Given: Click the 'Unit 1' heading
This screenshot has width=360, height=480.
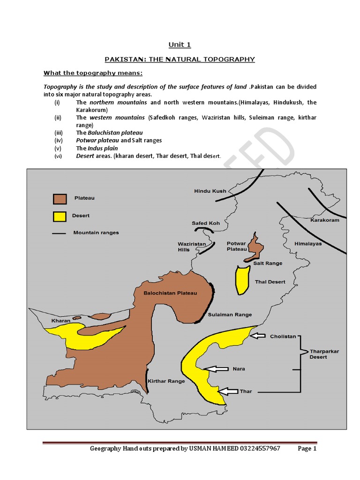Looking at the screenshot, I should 180,45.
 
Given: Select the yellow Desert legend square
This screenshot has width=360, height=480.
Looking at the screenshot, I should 60,216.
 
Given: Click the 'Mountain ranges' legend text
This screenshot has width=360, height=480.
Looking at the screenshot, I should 96,232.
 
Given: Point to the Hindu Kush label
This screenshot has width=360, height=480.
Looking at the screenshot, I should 210,191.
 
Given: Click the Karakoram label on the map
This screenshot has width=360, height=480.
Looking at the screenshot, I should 325,220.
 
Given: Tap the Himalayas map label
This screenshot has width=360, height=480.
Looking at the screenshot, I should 308,244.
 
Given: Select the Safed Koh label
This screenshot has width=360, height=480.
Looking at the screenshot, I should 205,223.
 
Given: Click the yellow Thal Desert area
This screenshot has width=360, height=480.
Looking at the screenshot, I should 243,280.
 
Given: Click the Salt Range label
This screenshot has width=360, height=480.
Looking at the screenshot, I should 268,263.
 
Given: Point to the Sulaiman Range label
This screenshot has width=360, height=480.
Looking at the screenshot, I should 230,315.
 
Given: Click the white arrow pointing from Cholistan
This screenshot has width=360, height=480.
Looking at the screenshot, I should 258,336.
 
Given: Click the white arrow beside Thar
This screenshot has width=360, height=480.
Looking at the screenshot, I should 228,391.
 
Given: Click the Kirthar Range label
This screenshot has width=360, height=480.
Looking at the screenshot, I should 166,381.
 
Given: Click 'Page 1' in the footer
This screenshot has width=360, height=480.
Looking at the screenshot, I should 307,449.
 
